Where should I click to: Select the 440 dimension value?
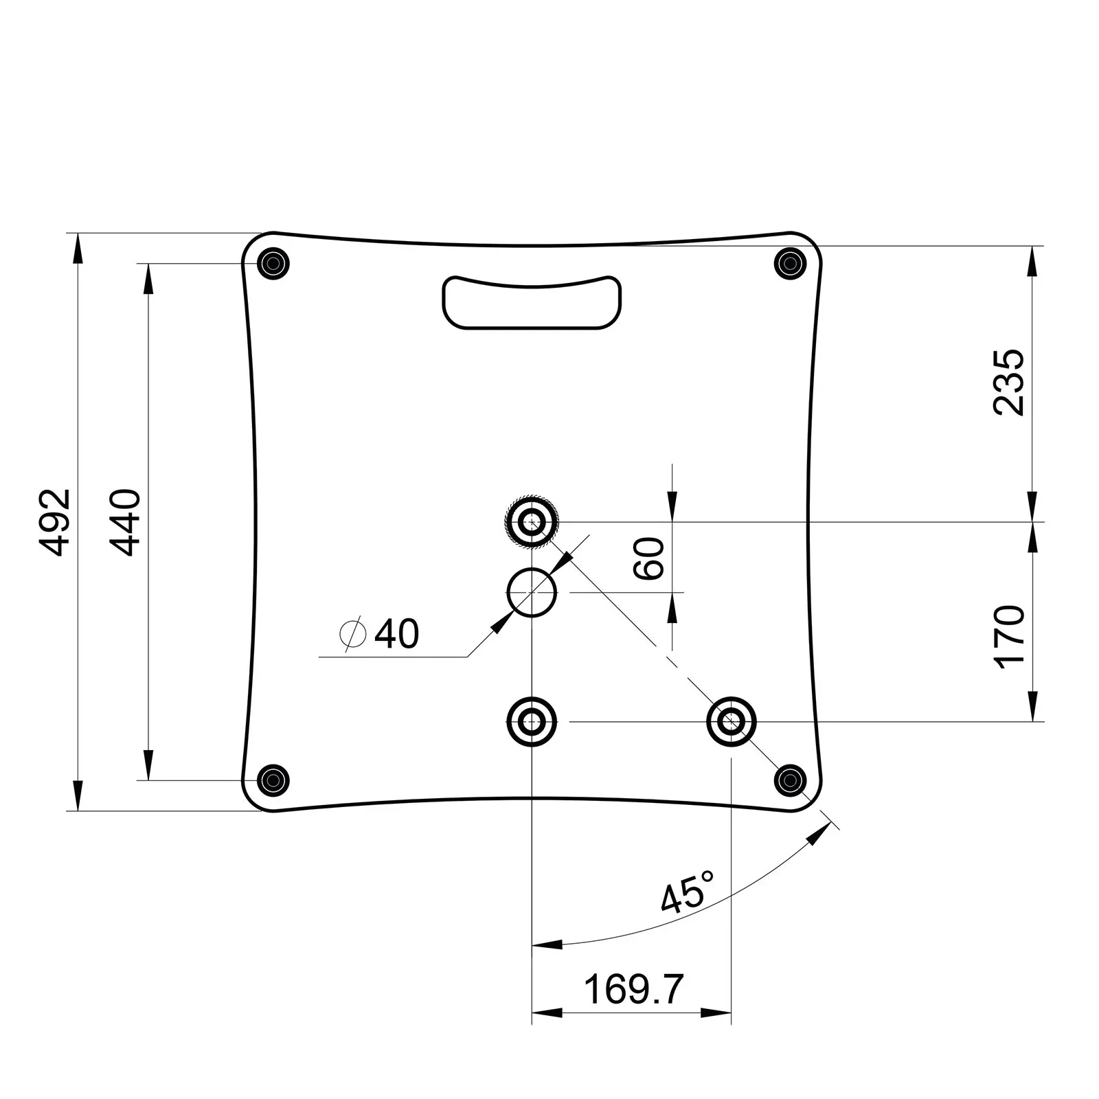[126, 522]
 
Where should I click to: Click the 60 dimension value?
[650, 559]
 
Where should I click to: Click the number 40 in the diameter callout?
[396, 633]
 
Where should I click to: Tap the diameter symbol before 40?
[352, 633]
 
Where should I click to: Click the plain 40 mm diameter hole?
[532, 592]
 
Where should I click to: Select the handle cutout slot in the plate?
[532, 302]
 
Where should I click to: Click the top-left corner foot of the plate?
[273, 263]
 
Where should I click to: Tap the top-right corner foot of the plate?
[790, 263]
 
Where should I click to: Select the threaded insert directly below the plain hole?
[531, 721]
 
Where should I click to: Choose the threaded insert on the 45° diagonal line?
[732, 721]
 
